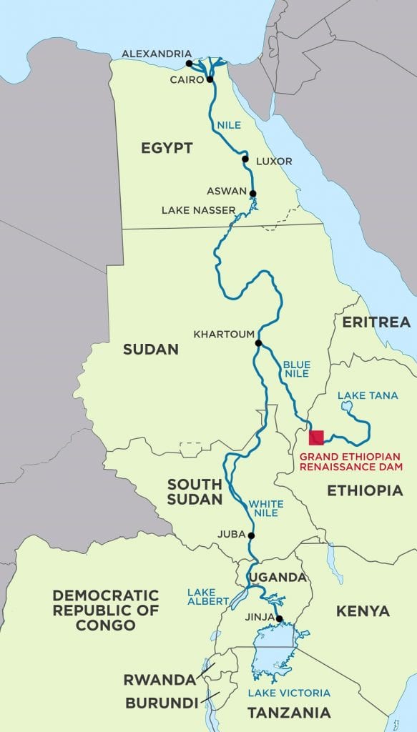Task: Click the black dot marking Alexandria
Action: [189, 64]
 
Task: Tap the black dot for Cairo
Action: [210, 79]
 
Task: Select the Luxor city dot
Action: [245, 159]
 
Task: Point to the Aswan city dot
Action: [252, 193]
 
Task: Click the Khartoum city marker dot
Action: [258, 343]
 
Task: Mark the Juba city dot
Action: [251, 535]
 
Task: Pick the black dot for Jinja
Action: [280, 619]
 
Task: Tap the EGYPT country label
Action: [167, 148]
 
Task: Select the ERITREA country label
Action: [376, 322]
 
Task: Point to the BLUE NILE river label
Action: [297, 368]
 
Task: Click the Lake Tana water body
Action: [348, 407]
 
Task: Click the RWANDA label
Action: [159, 679]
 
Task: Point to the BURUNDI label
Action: [161, 703]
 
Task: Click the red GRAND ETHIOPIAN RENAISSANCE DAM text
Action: [350, 463]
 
